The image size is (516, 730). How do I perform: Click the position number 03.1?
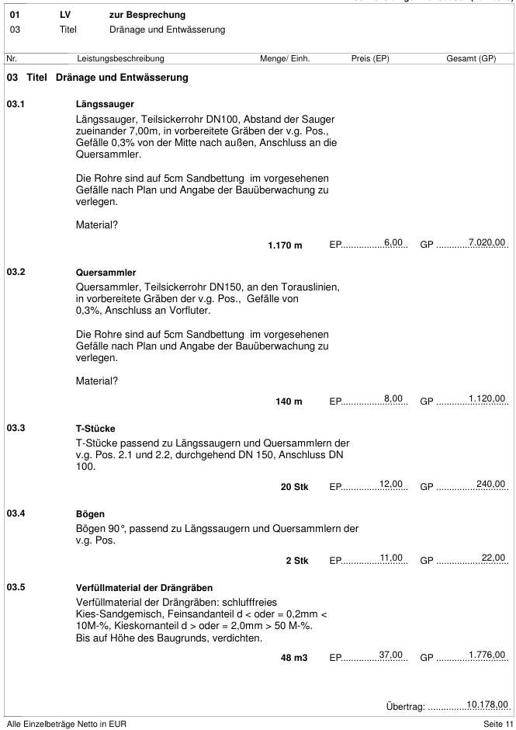click(16, 103)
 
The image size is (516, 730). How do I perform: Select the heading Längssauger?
click(106, 103)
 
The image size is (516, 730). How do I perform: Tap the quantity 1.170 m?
click(285, 245)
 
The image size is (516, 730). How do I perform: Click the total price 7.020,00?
click(487, 243)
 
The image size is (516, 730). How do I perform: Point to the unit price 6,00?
click(393, 243)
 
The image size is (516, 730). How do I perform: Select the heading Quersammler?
click(106, 273)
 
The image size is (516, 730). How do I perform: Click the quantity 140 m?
click(289, 401)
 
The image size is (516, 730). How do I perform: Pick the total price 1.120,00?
click(487, 399)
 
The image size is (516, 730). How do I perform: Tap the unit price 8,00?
click(393, 399)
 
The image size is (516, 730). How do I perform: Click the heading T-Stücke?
click(95, 428)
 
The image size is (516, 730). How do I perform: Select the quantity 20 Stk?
click(294, 487)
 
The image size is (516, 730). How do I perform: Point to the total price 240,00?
click(490, 485)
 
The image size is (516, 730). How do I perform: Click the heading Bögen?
click(90, 514)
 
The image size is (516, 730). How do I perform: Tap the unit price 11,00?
click(391, 558)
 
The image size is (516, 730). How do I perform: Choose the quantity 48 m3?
click(294, 658)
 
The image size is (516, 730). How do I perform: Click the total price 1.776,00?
click(487, 655)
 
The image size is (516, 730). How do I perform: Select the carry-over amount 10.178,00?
click(487, 704)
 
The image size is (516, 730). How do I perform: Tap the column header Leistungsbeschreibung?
click(120, 58)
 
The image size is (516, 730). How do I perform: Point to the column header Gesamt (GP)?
click(471, 58)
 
